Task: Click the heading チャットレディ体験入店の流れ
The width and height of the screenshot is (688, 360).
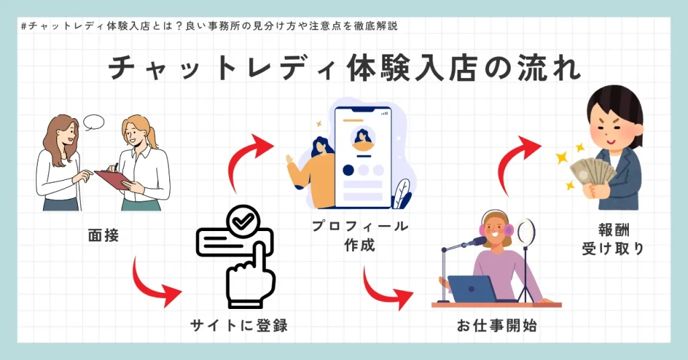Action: coord(344,69)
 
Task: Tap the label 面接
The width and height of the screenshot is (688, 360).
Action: coord(103,236)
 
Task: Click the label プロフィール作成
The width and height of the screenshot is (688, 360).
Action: coord(359,236)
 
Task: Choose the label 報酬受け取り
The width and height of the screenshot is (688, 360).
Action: coord(612,238)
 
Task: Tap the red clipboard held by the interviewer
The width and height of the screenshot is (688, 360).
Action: coord(112,179)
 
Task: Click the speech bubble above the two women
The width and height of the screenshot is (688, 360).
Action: coord(93,122)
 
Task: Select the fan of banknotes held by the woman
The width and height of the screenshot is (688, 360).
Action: coord(591,174)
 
